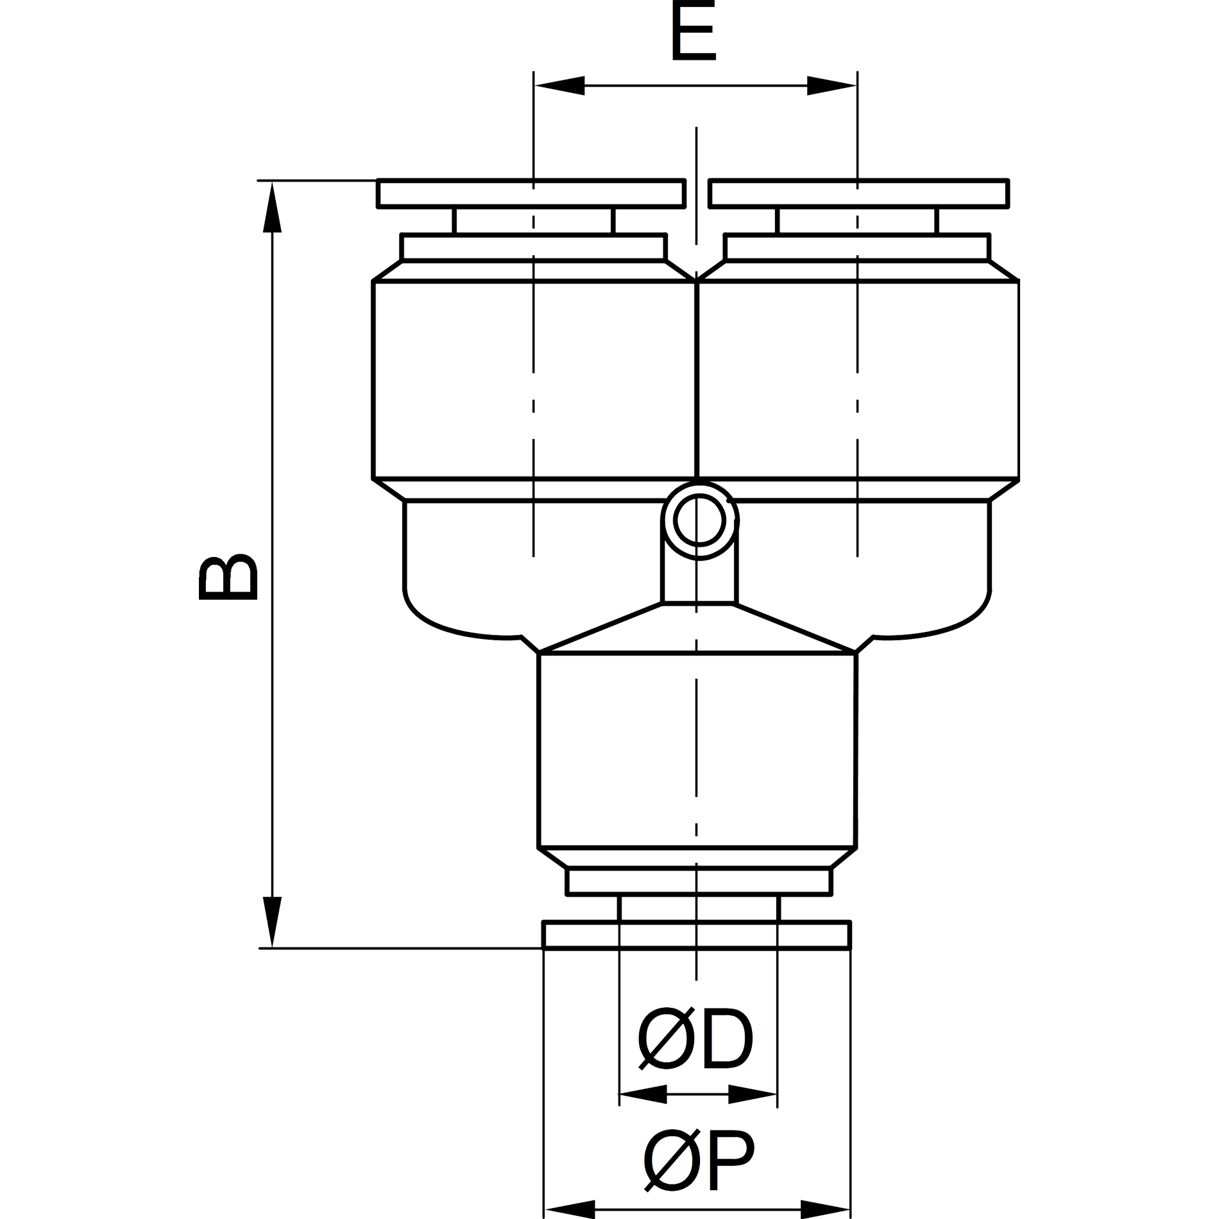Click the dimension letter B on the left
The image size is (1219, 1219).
pyautogui.click(x=228, y=577)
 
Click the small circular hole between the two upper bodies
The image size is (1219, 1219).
pyautogui.click(x=699, y=520)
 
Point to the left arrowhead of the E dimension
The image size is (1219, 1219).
pyautogui.click(x=559, y=85)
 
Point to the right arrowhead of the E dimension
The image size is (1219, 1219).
pyautogui.click(x=832, y=85)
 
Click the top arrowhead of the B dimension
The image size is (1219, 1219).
pyautogui.click(x=273, y=207)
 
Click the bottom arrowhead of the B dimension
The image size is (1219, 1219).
pyautogui.click(x=273, y=922)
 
